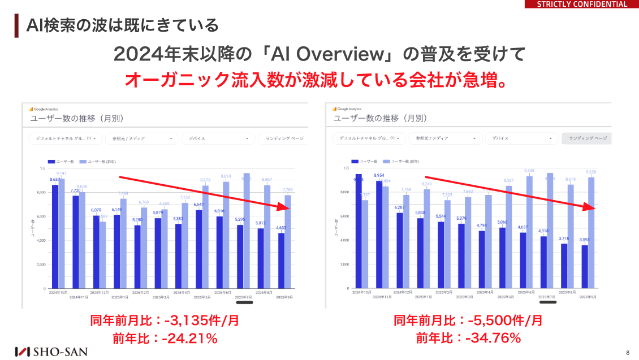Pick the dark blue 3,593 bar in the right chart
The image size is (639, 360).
[584, 267]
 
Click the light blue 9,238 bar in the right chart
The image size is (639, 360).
[591, 233]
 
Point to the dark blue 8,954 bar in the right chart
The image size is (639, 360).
[379, 235]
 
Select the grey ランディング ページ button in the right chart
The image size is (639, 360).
[586, 138]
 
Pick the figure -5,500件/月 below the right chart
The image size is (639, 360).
[505, 321]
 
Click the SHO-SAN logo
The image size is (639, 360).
[51, 351]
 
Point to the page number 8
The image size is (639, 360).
[628, 352]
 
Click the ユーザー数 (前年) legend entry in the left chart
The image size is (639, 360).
[94, 161]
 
